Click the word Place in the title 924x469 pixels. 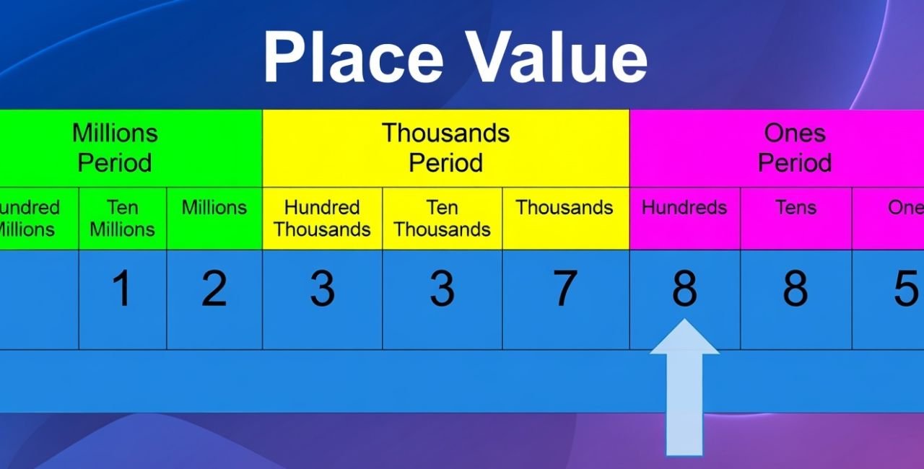352,57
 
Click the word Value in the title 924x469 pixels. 555,57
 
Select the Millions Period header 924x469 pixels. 115,148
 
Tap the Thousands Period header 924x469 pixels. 445,148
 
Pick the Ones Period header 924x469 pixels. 794,148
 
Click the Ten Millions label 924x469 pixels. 122,219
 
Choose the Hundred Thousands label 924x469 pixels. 322,219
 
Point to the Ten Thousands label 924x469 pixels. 442,219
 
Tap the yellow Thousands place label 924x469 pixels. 564,208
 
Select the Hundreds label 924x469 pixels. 684,208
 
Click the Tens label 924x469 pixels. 796,208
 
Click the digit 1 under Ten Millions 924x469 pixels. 122,289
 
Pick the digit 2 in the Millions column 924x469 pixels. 214,289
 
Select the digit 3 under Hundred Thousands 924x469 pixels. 322,289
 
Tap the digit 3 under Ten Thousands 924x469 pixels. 442,289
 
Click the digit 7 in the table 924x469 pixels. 564,289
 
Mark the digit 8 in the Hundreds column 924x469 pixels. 684,289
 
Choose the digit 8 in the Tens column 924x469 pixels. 796,289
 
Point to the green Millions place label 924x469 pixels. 214,208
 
